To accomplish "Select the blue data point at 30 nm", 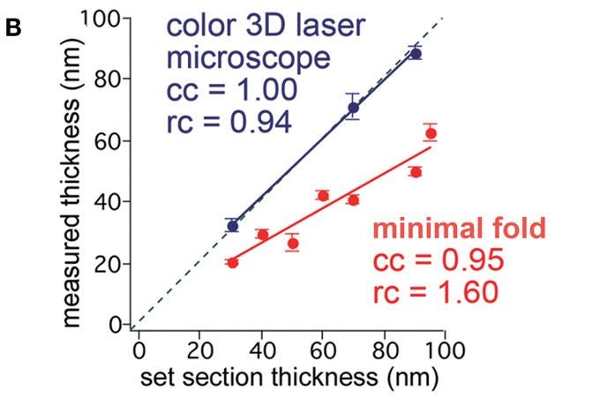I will (232, 226).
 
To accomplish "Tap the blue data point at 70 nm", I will (353, 108).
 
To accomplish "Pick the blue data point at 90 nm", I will (416, 53).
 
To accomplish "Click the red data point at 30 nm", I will (232, 262).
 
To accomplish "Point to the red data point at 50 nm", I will (293, 243).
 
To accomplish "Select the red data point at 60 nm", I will (323, 195).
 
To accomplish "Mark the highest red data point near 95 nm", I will (431, 134).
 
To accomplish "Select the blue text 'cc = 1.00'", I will (229, 91).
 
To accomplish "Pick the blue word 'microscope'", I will (250, 60).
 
